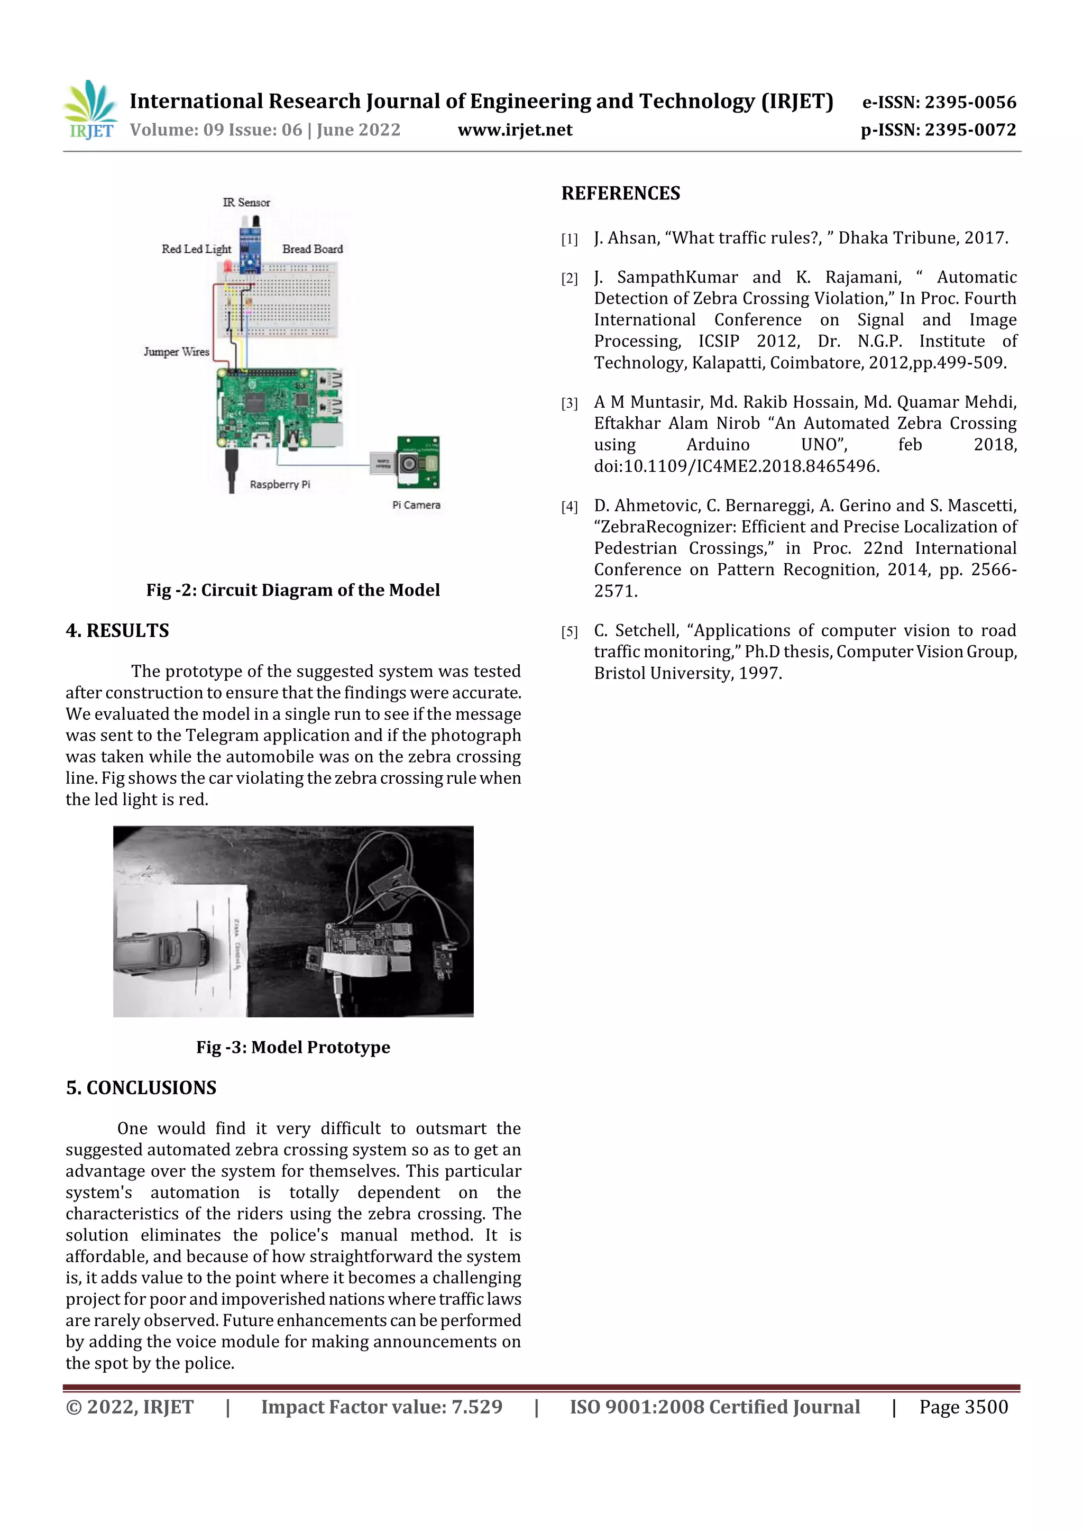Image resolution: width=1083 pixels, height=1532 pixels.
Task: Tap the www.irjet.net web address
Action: [515, 130]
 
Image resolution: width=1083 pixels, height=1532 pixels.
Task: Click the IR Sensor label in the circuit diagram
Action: [246, 202]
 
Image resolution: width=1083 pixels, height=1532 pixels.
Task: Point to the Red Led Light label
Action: [196, 249]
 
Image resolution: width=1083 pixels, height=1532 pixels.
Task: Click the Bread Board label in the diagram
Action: [313, 249]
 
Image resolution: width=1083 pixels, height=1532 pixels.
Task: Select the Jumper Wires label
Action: [176, 352]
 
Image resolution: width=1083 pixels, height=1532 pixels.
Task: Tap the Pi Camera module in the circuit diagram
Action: [418, 462]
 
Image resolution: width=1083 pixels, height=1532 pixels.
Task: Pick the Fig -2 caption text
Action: [293, 590]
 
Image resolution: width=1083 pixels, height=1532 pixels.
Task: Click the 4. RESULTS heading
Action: [117, 630]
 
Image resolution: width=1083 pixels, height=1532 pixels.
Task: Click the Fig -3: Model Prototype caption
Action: [293, 1047]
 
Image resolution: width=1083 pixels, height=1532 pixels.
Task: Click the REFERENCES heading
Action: [621, 194]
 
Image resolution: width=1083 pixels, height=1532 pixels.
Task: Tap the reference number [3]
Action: [569, 403]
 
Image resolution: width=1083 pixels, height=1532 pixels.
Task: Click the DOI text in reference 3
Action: [737, 466]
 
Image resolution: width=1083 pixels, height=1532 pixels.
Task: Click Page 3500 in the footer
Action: [963, 1407]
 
